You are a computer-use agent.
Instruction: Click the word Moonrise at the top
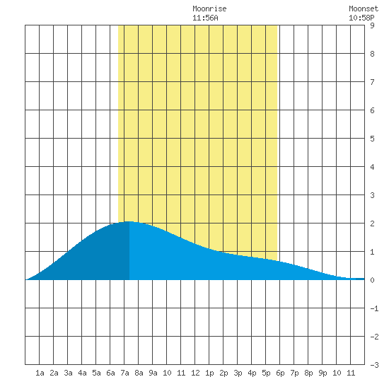pos(209,8)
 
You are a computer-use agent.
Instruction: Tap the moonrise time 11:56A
pos(205,18)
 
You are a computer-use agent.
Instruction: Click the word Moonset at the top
pos(364,8)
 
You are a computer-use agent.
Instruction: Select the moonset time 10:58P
pos(361,18)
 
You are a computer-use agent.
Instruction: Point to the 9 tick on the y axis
pos(372,25)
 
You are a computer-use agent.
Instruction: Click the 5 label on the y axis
pos(372,139)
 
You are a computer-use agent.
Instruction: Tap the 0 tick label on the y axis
pos(372,280)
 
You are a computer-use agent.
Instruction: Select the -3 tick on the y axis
pos(374,365)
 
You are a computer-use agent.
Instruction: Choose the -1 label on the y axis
pos(374,308)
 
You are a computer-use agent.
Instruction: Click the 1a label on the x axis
pos(40,373)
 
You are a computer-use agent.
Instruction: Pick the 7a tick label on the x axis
pos(124,373)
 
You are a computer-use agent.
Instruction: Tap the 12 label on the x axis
pos(195,373)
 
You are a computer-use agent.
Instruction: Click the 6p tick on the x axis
pos(280,373)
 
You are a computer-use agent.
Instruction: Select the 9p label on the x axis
pos(323,373)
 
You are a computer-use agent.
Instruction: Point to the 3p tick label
pos(238,373)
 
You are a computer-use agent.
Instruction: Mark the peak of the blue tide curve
pos(129,221)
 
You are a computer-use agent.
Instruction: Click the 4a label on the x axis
pos(82,373)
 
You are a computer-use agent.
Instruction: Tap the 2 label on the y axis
pos(372,223)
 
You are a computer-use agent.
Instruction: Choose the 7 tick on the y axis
pos(372,82)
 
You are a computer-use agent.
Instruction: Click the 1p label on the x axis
pos(209,373)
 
